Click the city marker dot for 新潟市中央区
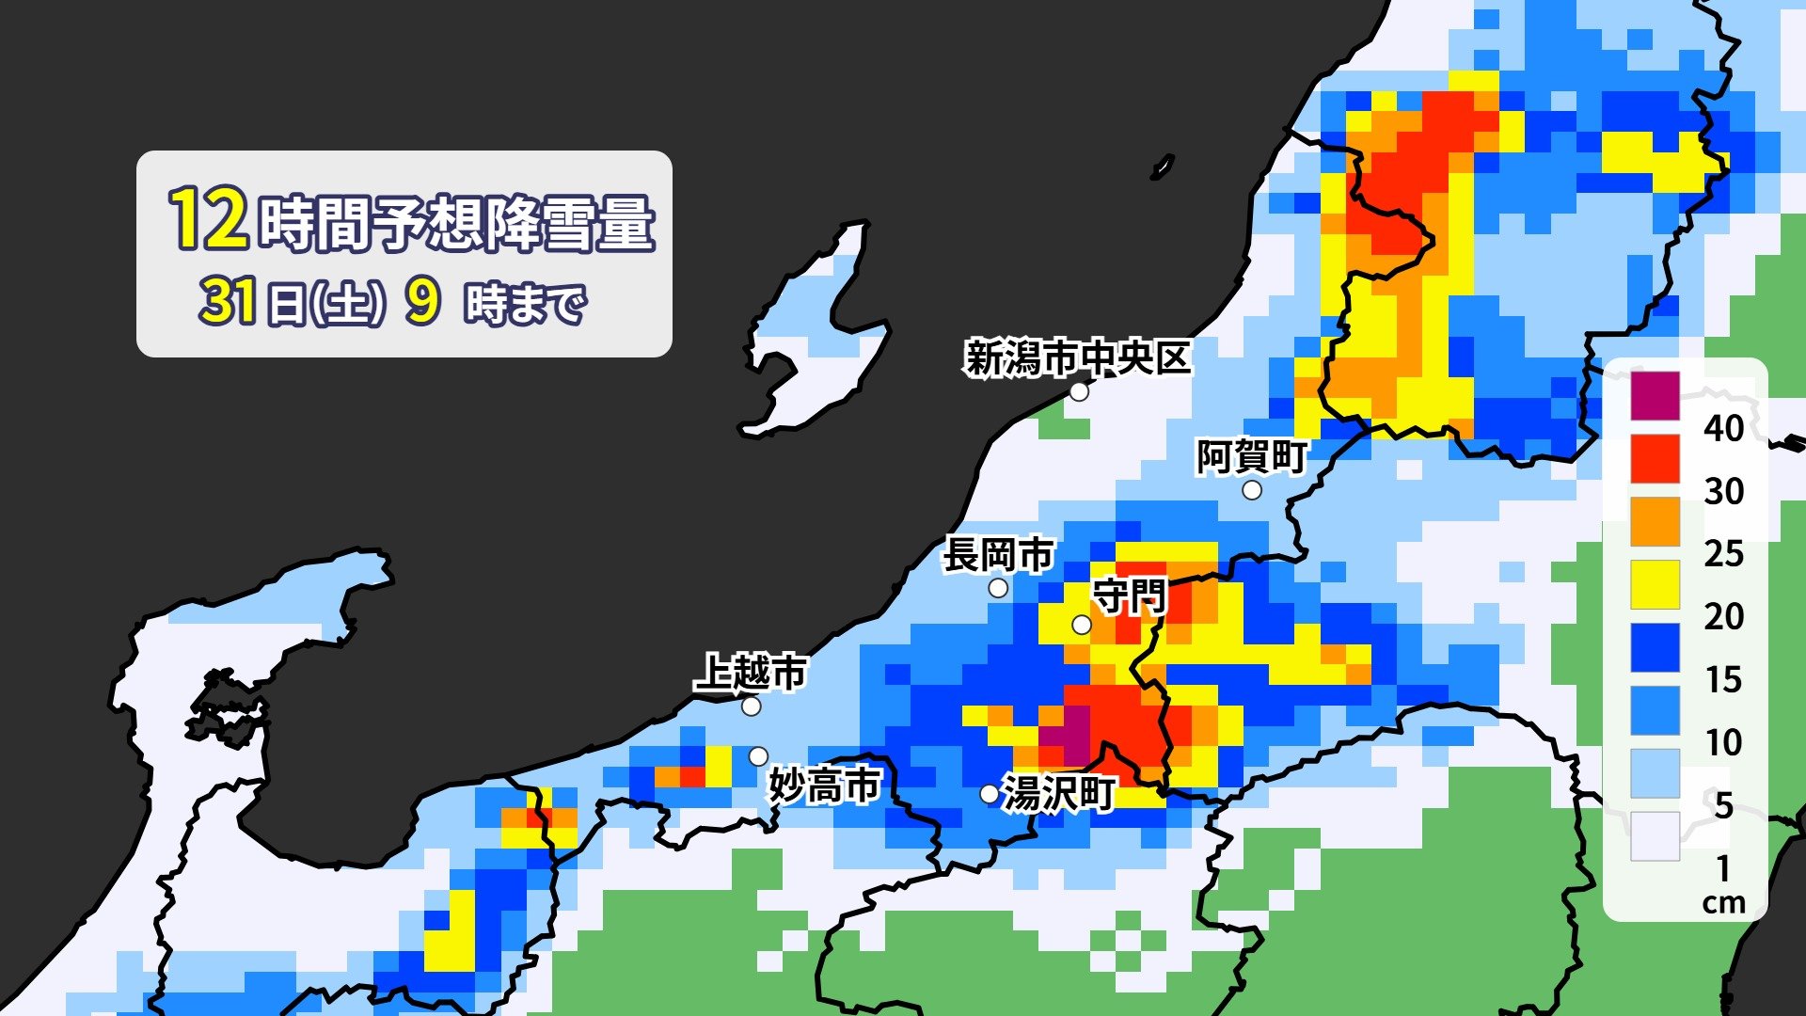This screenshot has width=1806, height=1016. [1079, 391]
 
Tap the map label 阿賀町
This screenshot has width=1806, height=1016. [1251, 457]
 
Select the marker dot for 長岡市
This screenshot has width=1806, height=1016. [998, 589]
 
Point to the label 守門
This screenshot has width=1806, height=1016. [1129, 596]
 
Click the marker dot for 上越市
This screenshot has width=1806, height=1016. [752, 706]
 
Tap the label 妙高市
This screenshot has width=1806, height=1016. [824, 786]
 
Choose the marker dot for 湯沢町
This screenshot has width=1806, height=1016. [989, 794]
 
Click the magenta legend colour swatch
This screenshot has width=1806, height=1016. [1655, 395]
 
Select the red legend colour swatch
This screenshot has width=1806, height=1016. [1655, 458]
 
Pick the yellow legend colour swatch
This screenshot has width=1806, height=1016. [1655, 584]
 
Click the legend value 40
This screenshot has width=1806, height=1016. [1723, 428]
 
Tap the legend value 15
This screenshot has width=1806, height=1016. [1723, 679]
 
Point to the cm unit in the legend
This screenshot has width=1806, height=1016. [1723, 903]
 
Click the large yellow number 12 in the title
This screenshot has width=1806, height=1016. [209, 220]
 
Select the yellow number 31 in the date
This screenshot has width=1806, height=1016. [228, 302]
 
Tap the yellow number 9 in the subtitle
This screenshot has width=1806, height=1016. [422, 302]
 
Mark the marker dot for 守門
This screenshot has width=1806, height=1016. [1082, 625]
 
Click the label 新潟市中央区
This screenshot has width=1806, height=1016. [1078, 357]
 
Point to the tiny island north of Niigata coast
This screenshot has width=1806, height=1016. [1163, 167]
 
